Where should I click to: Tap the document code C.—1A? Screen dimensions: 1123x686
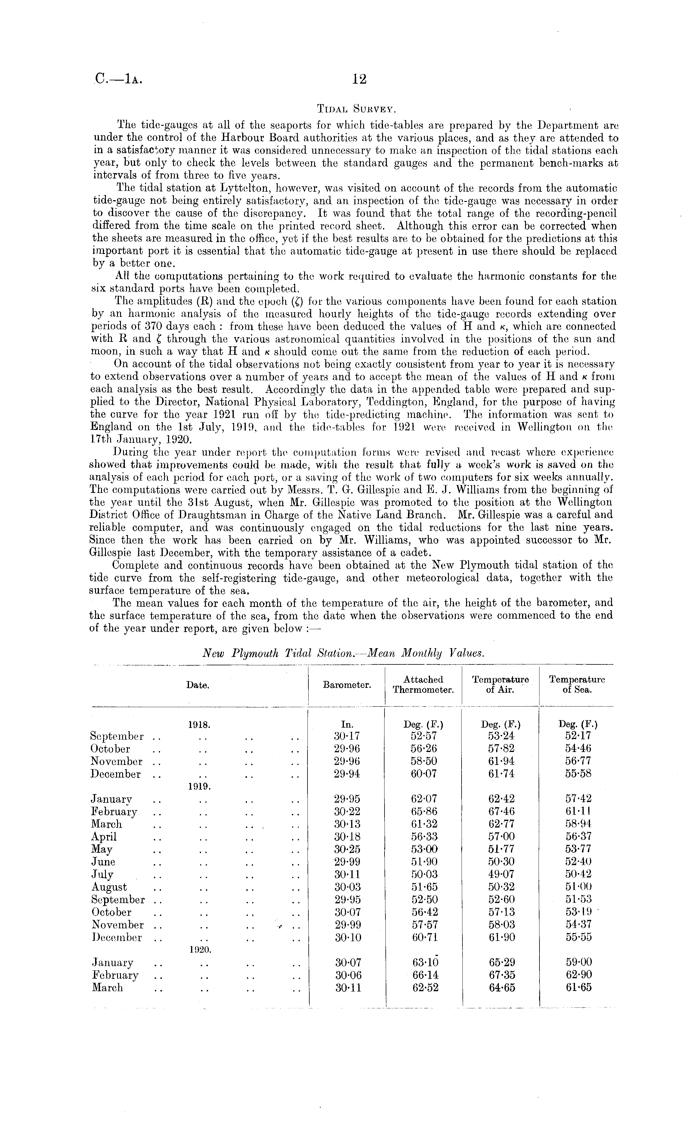119,80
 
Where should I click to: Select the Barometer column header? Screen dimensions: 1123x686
346,685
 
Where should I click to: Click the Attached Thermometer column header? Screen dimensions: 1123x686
423,685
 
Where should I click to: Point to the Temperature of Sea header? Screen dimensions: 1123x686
576,685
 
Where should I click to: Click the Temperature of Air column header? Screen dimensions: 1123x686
500,685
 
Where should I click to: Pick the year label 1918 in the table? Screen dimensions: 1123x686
198,724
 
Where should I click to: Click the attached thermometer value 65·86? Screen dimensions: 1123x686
424,812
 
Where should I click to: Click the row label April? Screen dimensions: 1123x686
104,837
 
